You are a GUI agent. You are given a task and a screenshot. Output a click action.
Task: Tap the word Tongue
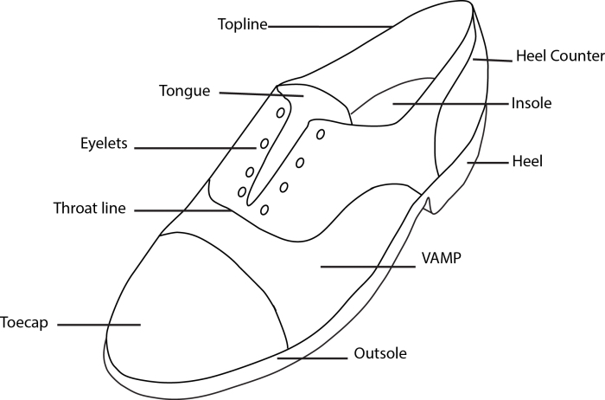tap(185, 90)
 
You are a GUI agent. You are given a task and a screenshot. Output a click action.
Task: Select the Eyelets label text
tap(104, 145)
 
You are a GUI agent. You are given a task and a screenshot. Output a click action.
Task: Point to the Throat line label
tap(90, 209)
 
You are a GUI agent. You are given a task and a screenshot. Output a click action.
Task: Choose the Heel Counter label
tap(558, 56)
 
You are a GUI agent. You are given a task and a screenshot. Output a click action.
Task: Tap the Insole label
tap(531, 103)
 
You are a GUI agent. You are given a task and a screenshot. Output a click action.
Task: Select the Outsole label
tap(380, 353)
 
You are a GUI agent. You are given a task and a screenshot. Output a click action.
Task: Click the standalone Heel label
tap(526, 161)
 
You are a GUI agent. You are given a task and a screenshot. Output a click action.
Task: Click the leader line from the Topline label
tap(328, 27)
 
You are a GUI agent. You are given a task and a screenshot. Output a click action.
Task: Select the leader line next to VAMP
tap(367, 267)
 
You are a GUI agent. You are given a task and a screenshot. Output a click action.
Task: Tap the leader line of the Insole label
tap(449, 104)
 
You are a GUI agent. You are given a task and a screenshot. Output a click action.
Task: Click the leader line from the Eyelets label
tap(194, 148)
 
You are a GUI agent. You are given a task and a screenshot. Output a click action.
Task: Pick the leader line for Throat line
tap(181, 210)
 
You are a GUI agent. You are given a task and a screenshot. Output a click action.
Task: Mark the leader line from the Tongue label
tap(259, 94)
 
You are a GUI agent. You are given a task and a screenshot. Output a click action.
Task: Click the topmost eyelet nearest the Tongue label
tap(281, 113)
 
